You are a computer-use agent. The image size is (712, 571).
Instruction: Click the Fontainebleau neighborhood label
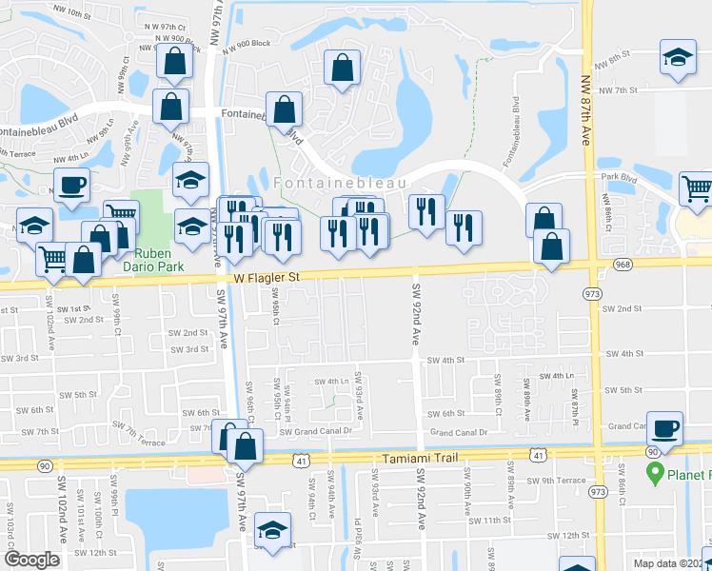click(x=340, y=182)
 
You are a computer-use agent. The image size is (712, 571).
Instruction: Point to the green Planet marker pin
click(x=655, y=472)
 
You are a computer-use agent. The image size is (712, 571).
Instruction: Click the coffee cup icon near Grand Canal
click(x=665, y=429)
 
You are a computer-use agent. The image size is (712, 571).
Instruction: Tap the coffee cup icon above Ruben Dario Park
click(x=71, y=186)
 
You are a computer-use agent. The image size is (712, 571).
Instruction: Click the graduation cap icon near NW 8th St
click(x=678, y=57)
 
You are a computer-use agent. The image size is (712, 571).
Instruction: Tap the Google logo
click(x=31, y=560)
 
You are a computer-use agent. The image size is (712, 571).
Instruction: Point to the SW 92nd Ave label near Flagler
click(x=416, y=309)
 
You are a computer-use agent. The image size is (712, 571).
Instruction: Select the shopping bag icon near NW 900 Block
click(x=176, y=62)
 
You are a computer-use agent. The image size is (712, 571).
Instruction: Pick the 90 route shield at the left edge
click(x=45, y=465)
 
